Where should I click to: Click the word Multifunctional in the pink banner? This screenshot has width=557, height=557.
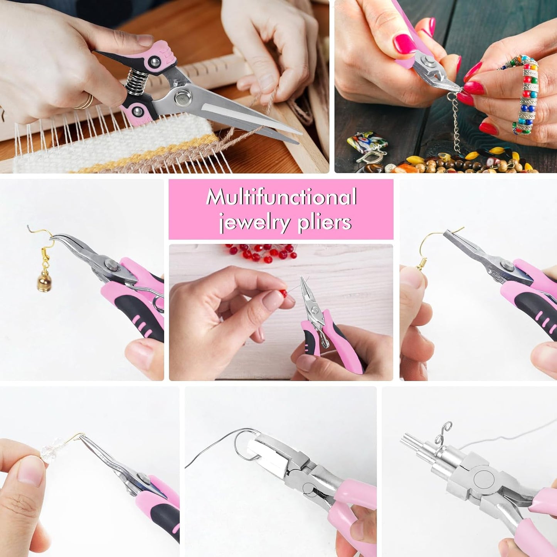281,197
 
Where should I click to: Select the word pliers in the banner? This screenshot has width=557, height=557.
325,222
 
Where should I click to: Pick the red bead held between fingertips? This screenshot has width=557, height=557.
284,294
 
